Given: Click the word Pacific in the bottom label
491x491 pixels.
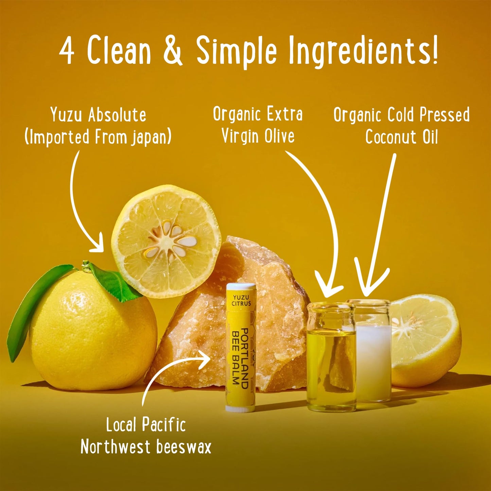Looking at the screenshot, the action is [163, 425].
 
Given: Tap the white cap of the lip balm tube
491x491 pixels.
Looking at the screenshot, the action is [241, 287].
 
